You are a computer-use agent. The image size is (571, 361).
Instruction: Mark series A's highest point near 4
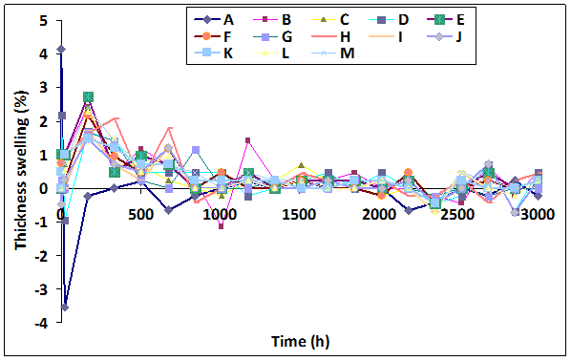[61, 49]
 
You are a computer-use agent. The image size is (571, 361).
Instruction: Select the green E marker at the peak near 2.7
[88, 96]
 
